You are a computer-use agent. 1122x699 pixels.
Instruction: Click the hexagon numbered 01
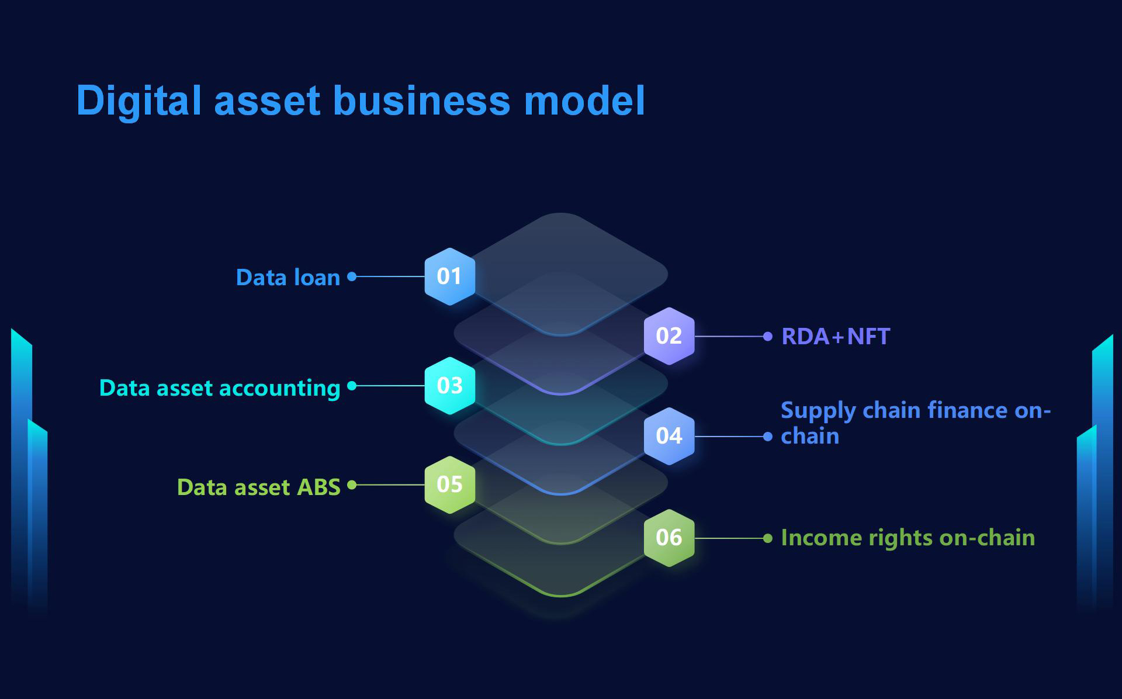point(449,276)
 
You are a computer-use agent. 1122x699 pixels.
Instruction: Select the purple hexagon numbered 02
point(669,336)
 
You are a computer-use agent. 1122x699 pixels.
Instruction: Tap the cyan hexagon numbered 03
point(449,386)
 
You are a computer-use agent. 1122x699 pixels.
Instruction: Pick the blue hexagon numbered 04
point(669,436)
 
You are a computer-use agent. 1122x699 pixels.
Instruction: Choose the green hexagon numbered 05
point(449,485)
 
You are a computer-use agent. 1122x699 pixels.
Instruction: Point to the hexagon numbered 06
point(669,538)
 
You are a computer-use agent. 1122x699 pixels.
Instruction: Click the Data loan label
point(288,278)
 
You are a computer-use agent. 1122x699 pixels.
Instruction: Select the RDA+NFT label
point(836,337)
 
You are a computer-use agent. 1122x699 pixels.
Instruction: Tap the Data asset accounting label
point(220,388)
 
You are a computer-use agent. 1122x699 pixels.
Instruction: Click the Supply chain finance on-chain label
point(915,423)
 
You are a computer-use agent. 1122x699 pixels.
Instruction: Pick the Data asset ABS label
point(258,487)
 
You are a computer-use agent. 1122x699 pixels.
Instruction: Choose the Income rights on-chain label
point(908,538)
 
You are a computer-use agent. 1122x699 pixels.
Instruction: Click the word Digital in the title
point(139,101)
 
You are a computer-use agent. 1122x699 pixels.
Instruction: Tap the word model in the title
point(584,101)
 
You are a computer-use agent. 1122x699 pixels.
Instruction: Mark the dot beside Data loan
point(352,276)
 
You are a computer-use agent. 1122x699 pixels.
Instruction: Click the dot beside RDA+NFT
point(768,336)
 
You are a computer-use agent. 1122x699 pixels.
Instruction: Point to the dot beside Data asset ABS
point(352,485)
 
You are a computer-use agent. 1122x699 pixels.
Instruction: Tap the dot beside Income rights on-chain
point(768,538)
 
